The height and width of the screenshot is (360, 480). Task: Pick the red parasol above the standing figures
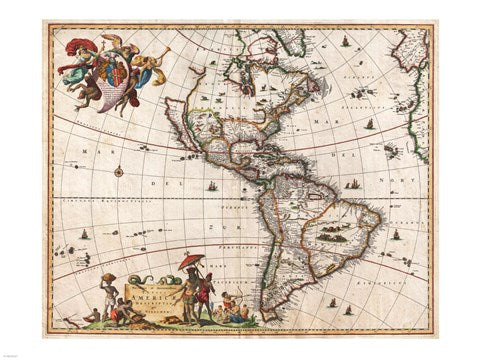tap(190, 262)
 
